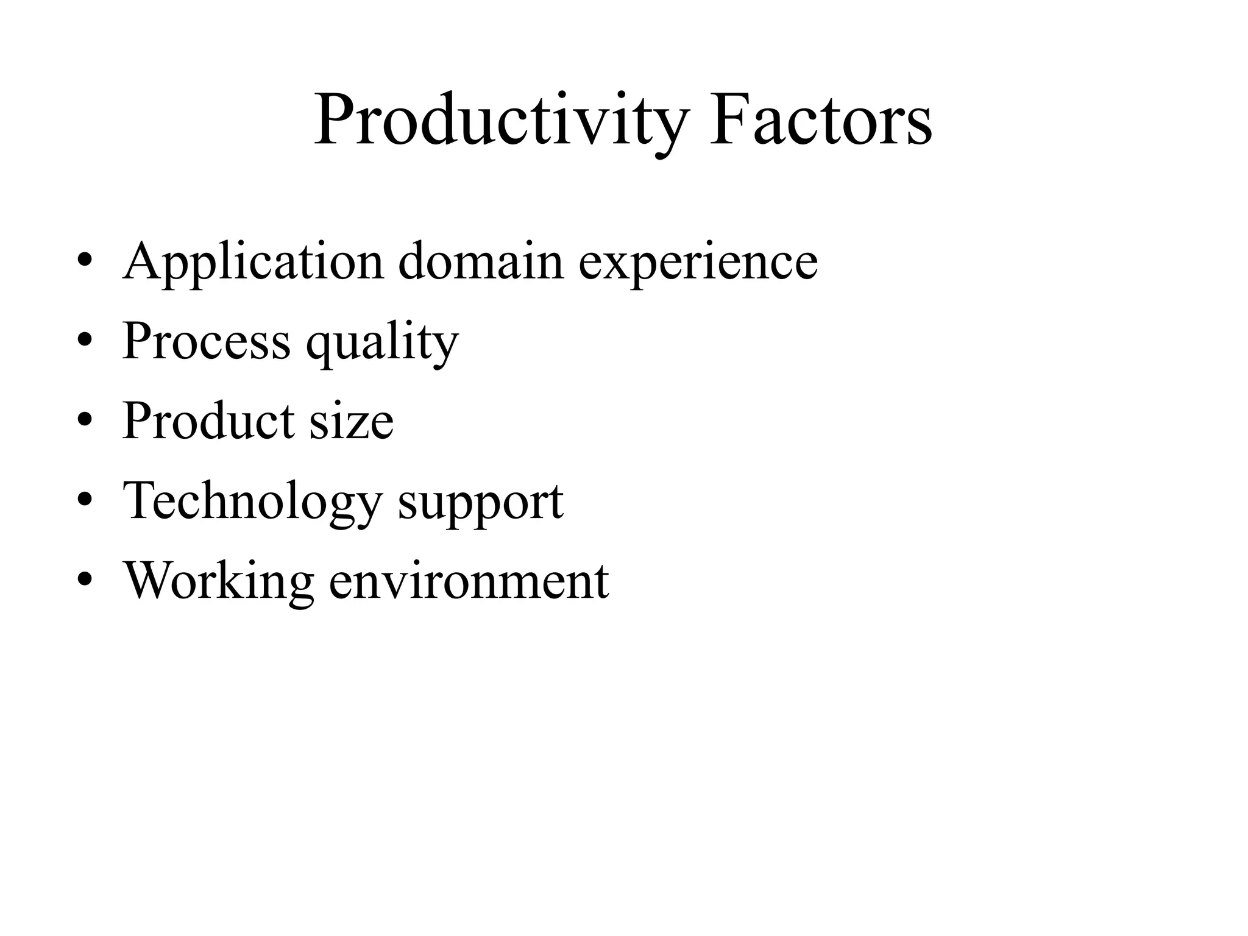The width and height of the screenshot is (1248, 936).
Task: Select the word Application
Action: click(x=253, y=262)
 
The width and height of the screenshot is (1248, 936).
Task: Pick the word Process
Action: click(x=207, y=341)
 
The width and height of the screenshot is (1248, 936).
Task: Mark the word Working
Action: click(x=219, y=581)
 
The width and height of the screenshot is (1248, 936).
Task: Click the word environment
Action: click(x=469, y=581)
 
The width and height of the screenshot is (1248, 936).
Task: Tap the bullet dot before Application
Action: click(x=85, y=261)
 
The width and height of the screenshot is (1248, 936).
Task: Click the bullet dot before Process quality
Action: click(x=85, y=340)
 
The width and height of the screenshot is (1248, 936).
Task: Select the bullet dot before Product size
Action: click(x=85, y=420)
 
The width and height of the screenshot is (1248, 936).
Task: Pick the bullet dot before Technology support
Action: click(x=85, y=500)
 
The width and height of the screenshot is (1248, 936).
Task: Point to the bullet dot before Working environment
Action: click(x=85, y=579)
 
